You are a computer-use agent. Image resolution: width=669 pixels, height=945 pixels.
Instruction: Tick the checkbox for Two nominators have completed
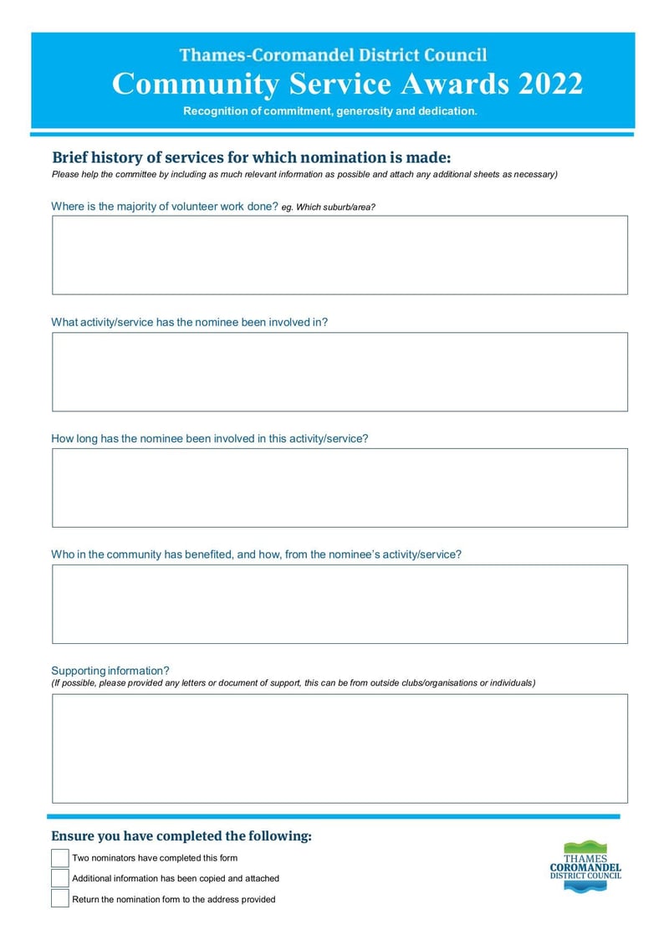tap(59, 858)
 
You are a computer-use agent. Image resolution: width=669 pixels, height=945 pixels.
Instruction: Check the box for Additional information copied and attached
tap(59, 878)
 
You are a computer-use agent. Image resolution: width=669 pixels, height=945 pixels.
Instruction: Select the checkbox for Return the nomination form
tap(59, 899)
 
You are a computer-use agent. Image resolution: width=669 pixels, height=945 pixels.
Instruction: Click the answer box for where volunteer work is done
tap(340, 255)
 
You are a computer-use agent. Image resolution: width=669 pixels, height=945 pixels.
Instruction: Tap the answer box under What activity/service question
tap(340, 371)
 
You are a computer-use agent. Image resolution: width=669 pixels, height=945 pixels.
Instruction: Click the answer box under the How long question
tap(340, 488)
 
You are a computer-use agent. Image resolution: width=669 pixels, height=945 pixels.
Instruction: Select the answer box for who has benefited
tap(340, 604)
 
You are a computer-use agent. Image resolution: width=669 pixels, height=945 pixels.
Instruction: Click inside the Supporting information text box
tap(340, 748)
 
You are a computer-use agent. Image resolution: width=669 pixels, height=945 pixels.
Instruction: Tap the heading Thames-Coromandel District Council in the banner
tap(333, 55)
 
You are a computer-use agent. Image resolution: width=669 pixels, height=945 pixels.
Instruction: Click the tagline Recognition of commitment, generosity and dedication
tap(330, 111)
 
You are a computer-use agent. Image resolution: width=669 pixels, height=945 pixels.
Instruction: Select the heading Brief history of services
tap(251, 157)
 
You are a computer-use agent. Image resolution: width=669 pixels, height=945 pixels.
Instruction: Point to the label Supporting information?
tap(110, 671)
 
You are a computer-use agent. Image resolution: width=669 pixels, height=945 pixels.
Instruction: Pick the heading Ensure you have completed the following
tap(181, 836)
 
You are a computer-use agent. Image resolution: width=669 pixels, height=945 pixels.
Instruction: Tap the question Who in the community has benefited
tap(256, 554)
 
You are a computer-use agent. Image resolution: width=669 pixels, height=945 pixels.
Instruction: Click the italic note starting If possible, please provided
tap(294, 683)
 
